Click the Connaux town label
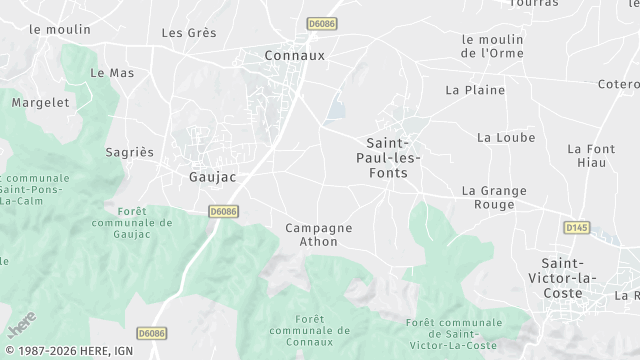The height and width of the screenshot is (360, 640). (x=295, y=56)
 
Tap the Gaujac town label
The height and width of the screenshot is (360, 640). (x=212, y=177)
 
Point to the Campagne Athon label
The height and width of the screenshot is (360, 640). (x=319, y=235)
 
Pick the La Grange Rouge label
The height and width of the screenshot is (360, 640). (x=488, y=197)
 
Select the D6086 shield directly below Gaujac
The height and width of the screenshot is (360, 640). (x=224, y=212)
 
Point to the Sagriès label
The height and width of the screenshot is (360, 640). (x=130, y=152)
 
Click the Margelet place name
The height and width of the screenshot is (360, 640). (x=41, y=102)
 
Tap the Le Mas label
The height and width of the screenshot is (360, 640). (x=112, y=73)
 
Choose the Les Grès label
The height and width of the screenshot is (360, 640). (x=189, y=33)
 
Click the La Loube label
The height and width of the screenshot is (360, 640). (x=506, y=137)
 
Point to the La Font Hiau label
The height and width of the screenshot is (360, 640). (x=590, y=156)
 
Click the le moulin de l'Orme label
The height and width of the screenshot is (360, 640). (x=493, y=46)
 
